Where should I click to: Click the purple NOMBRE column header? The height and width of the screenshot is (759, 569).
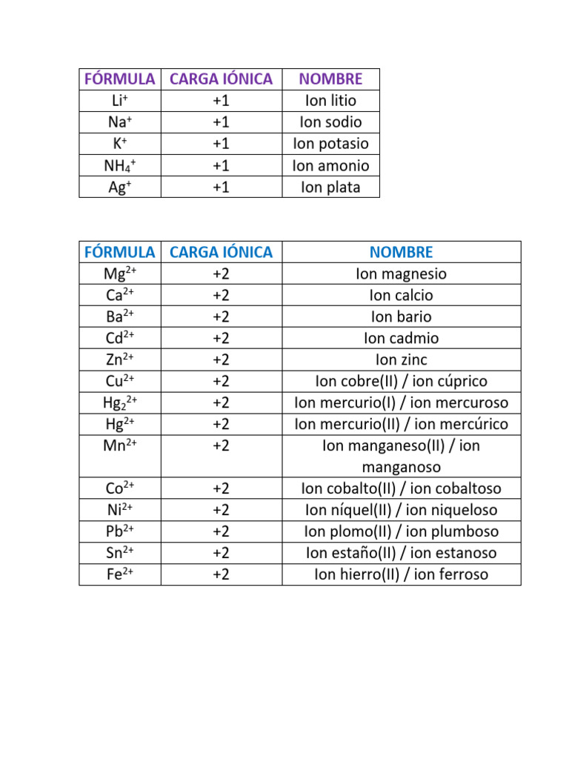[x=330, y=79]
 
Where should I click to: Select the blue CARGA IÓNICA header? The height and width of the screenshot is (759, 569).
[x=221, y=252]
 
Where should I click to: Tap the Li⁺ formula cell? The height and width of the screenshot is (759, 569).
[x=120, y=101]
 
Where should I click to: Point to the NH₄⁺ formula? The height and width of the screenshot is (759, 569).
[x=120, y=165]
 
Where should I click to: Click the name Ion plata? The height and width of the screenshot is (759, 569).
[x=330, y=187]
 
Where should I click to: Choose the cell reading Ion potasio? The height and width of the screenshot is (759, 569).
[x=330, y=144]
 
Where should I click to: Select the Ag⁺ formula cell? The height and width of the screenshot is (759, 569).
[x=120, y=187]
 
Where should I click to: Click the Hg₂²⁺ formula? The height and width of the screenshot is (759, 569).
[x=120, y=403]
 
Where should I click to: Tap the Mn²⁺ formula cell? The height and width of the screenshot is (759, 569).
[x=120, y=446]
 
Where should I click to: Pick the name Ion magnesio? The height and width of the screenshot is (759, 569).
[x=401, y=274]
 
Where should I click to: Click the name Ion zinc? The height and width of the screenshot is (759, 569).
[x=401, y=360]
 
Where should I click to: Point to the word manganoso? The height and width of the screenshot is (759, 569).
[x=401, y=468]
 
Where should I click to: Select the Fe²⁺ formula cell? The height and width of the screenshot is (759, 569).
[x=120, y=574]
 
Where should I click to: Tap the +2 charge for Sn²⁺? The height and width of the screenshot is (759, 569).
[x=221, y=553]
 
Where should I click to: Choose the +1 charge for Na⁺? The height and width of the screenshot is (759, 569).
[x=221, y=122]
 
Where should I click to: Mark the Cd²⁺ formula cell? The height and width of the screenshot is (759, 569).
[x=120, y=339]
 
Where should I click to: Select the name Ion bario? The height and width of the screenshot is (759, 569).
[x=401, y=317]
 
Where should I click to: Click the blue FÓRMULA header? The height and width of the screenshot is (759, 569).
[x=120, y=252]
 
